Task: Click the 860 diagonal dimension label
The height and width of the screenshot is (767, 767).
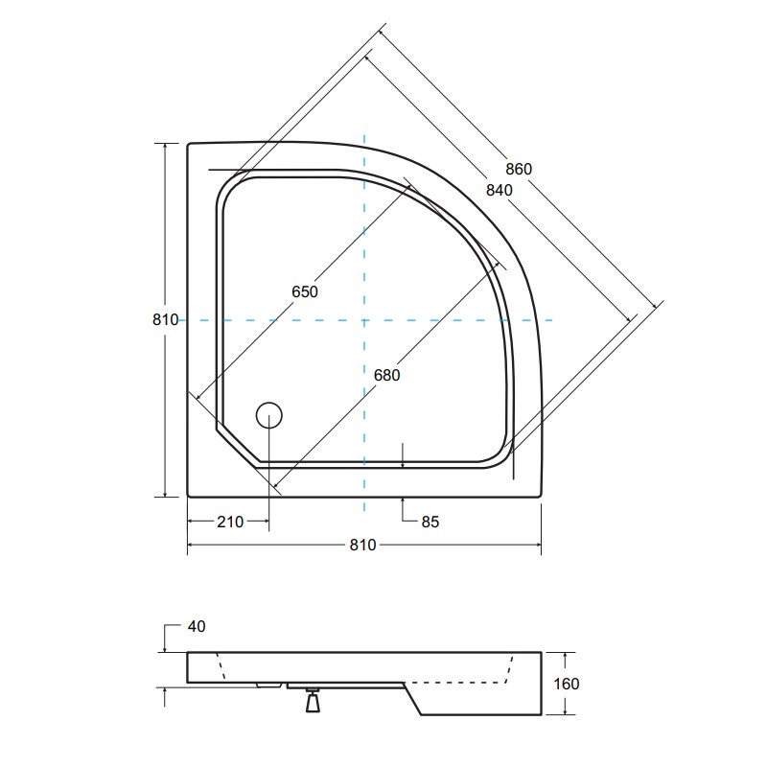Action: click(519, 169)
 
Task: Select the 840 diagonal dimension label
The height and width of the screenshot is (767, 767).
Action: click(499, 190)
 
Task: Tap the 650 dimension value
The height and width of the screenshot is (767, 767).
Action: click(305, 291)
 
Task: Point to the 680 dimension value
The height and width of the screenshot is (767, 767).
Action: click(387, 375)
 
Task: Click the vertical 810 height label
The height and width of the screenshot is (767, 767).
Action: click(165, 319)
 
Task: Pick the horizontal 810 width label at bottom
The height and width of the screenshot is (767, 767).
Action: click(363, 545)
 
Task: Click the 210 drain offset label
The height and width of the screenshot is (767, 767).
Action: click(230, 522)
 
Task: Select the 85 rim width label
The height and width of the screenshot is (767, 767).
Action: click(430, 522)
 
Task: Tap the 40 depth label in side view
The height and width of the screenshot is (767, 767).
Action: click(197, 627)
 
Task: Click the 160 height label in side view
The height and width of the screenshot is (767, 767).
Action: click(567, 684)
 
